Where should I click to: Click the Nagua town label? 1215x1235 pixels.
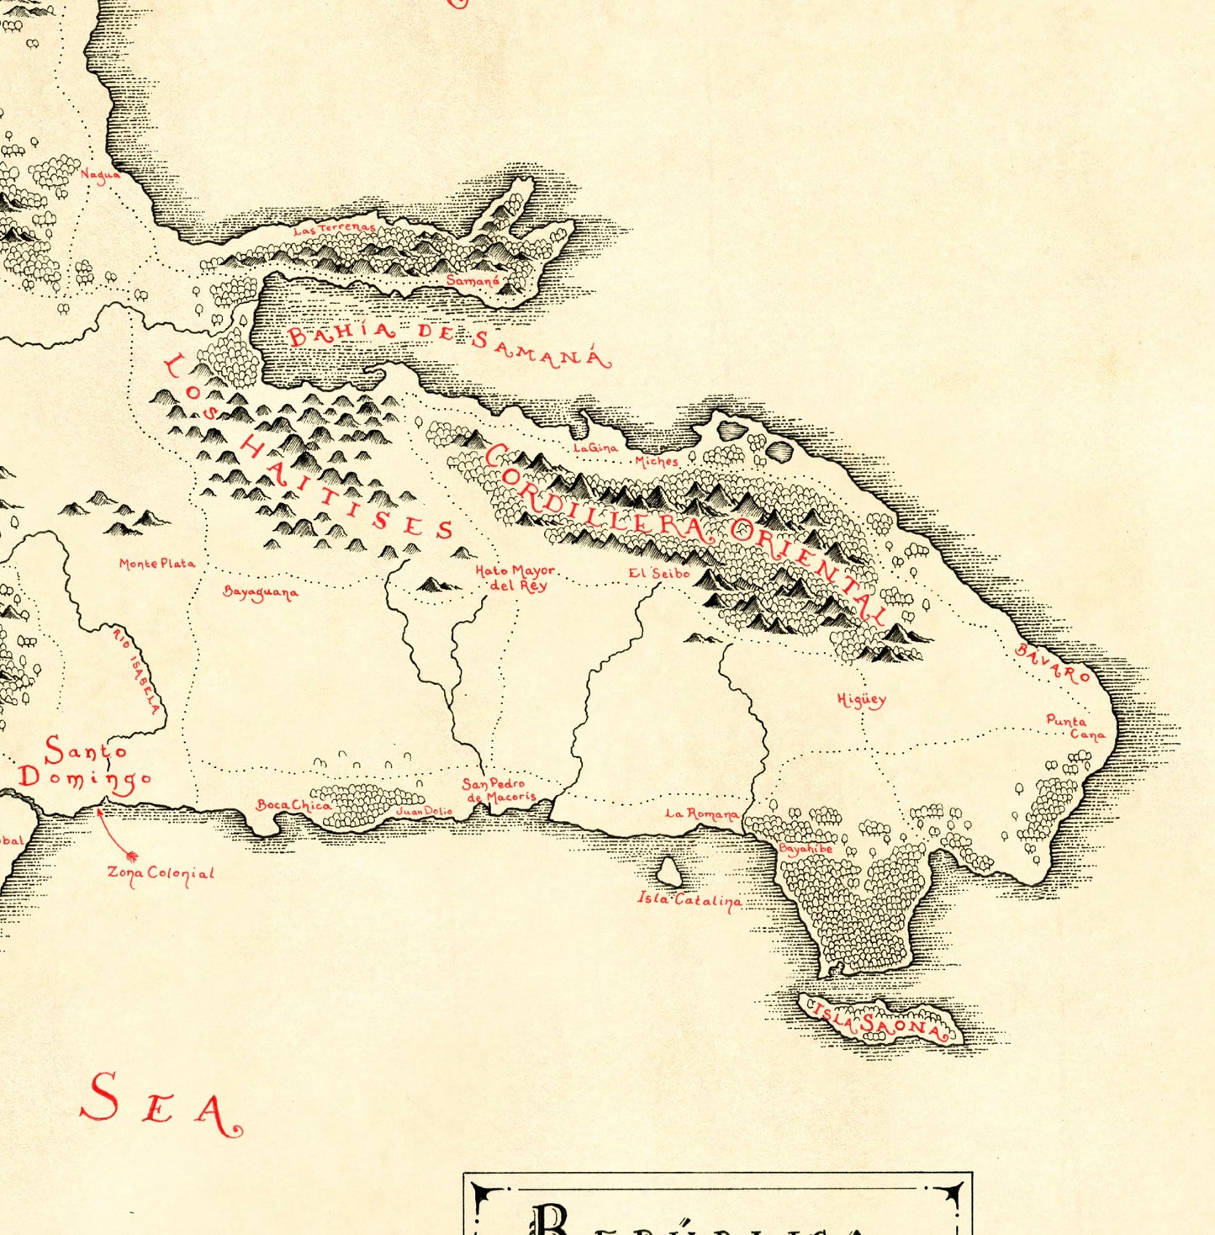(x=99, y=175)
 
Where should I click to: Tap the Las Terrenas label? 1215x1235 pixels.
(x=334, y=228)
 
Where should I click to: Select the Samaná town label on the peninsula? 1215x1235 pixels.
(x=473, y=280)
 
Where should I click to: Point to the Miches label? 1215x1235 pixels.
(x=657, y=461)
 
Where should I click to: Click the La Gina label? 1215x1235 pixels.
(x=595, y=448)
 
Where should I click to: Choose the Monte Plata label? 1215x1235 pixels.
(x=157, y=564)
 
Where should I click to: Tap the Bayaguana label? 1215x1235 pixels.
(x=261, y=592)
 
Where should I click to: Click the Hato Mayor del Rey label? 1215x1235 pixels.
(x=515, y=578)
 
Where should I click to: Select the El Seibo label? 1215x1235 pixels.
(x=659, y=574)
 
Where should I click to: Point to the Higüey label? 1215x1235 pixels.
(x=861, y=699)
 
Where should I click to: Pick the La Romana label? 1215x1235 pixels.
(x=702, y=814)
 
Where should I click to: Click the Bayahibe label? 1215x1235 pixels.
(x=806, y=849)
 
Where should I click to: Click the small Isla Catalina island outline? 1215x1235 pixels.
(x=668, y=872)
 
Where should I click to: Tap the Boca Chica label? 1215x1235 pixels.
(x=293, y=805)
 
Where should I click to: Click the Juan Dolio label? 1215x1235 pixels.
(x=423, y=811)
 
